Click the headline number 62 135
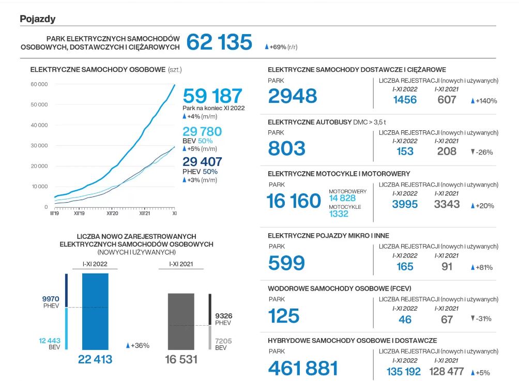point(219,42)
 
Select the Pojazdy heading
point(38,19)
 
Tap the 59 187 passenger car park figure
point(212,96)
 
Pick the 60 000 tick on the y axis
point(39,84)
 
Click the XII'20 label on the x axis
point(113,212)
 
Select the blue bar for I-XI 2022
point(95,311)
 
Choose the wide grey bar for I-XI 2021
point(181,322)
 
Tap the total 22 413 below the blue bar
point(95,359)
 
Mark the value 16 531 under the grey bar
point(181,359)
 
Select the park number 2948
point(293,96)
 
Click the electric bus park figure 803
point(287,148)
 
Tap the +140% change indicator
point(484,101)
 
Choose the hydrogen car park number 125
point(284,315)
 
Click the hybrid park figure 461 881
point(303,368)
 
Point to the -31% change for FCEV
point(481,318)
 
